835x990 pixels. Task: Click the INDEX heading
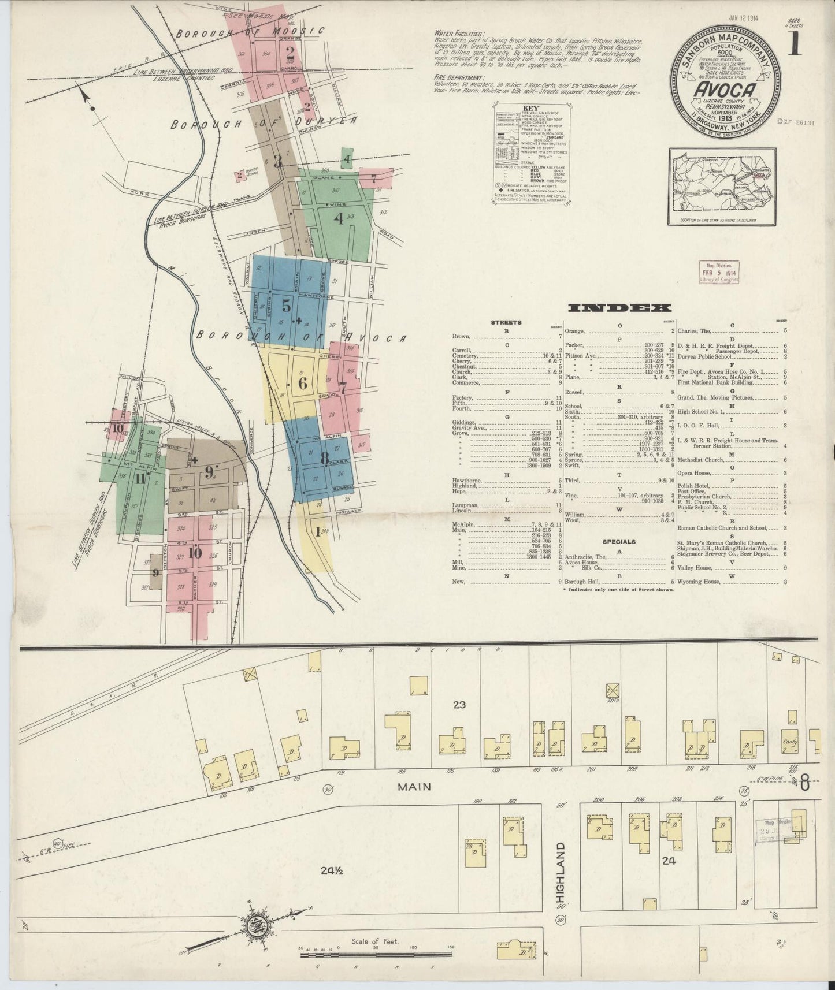click(619, 308)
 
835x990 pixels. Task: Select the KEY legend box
click(530, 155)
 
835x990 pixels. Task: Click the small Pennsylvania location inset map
click(720, 187)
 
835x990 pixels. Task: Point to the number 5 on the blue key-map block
click(285, 306)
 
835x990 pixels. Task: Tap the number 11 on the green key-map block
click(139, 478)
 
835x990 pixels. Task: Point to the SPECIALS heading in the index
click(619, 542)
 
